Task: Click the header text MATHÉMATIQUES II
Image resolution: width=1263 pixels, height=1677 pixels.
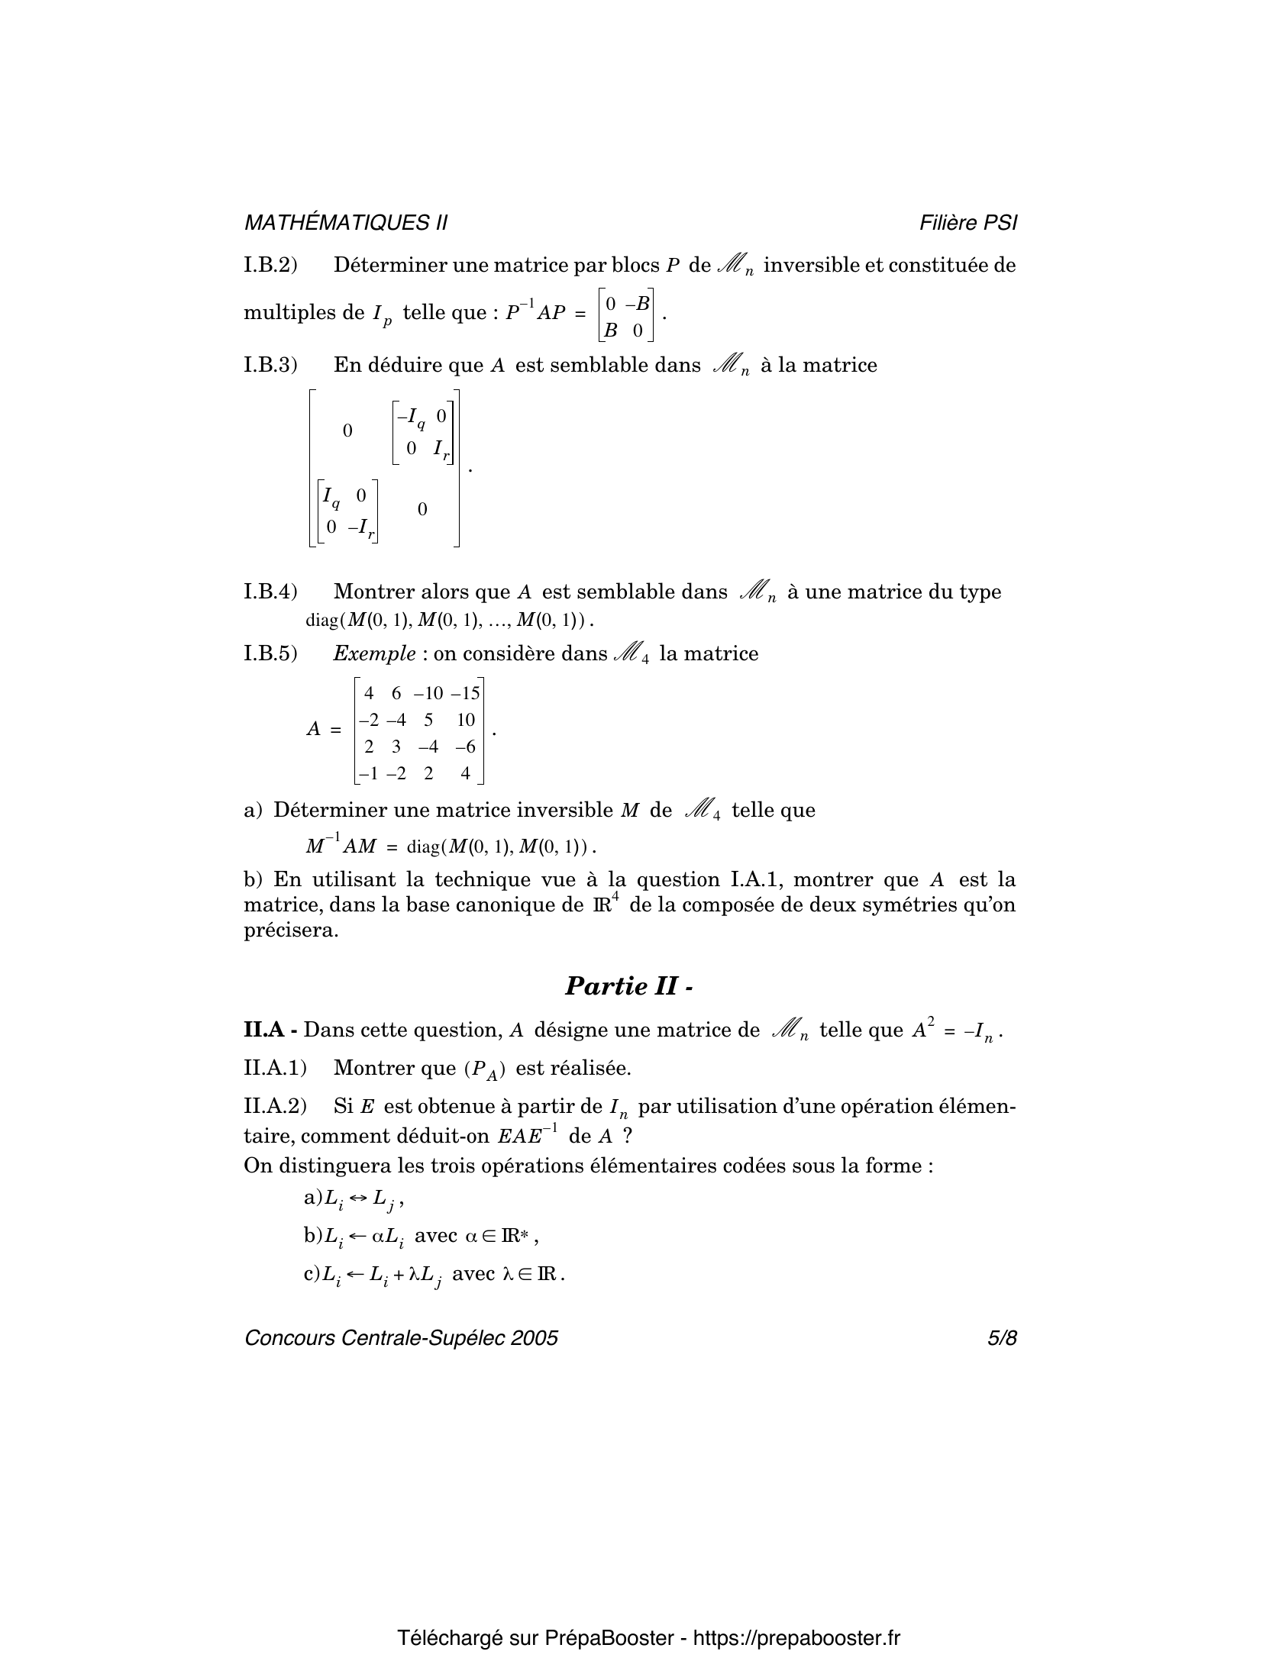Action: (345, 223)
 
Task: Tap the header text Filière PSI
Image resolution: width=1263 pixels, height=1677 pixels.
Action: (968, 223)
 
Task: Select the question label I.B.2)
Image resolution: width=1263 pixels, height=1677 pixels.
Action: (270, 266)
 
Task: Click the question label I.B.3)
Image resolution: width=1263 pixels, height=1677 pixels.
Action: (270, 366)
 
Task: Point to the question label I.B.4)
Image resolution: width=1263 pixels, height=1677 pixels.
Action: (270, 592)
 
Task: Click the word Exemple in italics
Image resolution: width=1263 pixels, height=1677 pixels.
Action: (374, 654)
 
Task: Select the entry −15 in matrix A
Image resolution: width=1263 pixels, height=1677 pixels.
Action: (464, 693)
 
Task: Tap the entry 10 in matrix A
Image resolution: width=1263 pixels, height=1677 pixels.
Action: (465, 720)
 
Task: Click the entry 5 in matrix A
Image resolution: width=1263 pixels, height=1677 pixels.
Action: (428, 720)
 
